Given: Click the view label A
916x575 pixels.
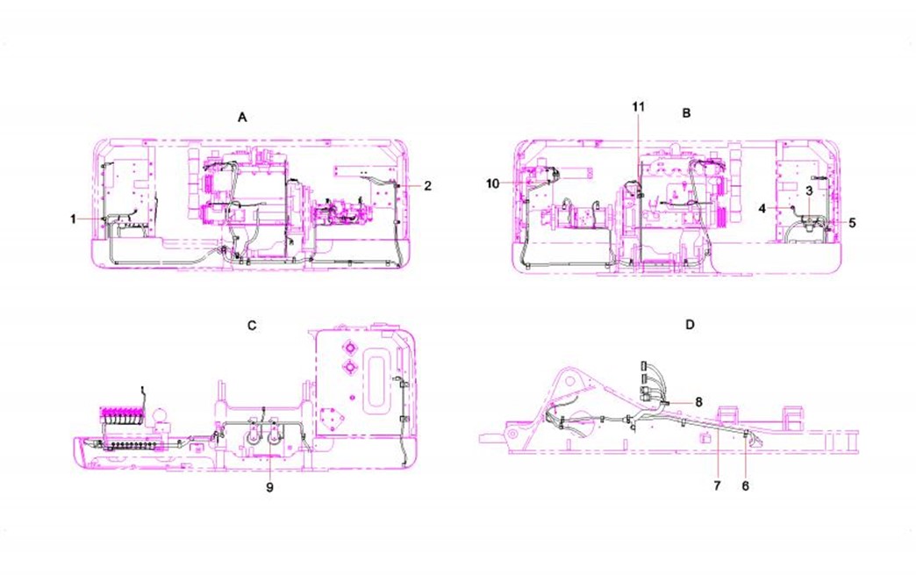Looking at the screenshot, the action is click(242, 118).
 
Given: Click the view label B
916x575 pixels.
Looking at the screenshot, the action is click(686, 112).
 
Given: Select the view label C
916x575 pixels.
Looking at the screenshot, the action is click(252, 326).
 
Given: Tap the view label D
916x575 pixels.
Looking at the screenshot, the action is click(690, 324).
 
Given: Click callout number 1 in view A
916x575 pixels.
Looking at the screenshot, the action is click(73, 219).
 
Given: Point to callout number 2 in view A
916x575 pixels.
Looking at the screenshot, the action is click(427, 186).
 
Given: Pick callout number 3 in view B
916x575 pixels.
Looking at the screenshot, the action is click(809, 190).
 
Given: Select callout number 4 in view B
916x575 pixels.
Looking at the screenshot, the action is click(762, 208).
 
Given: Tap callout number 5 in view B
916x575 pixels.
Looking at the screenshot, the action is click(852, 223).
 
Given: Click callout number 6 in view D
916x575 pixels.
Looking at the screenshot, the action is click(746, 485).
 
